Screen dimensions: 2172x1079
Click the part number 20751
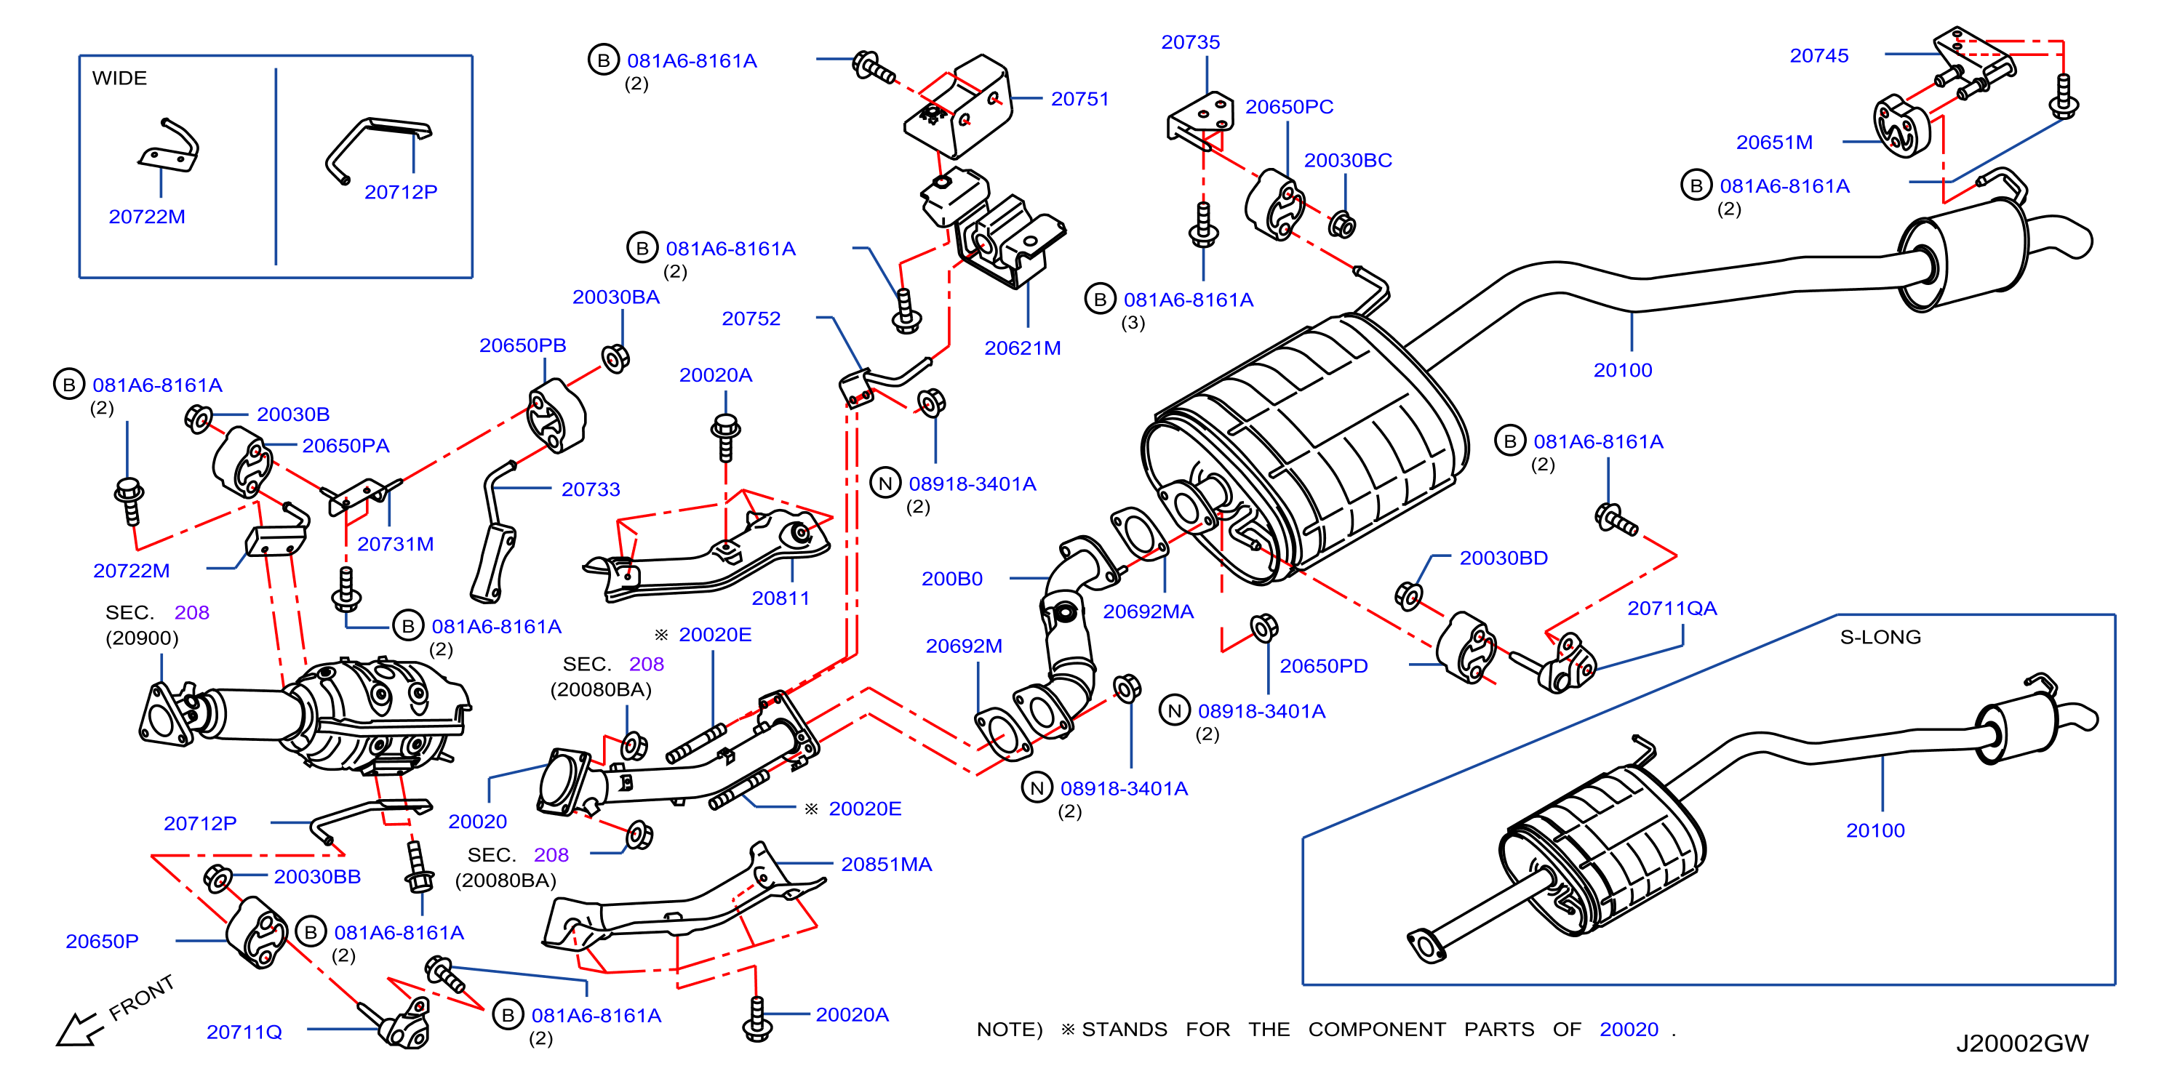1079,99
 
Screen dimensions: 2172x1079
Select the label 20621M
1022,348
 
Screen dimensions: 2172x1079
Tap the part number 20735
1190,42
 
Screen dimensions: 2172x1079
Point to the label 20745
1818,56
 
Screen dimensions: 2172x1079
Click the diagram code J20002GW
2021,1043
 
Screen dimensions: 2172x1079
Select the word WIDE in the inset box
119,79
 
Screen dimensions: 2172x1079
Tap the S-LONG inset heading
1880,637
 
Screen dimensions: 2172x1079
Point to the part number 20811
780,598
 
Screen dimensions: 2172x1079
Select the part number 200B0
952,578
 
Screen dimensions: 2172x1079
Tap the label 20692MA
1148,611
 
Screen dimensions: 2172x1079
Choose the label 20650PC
1289,107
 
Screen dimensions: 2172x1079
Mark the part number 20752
751,318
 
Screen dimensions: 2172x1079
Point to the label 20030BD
1504,558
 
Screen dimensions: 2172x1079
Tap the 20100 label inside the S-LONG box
1875,830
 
